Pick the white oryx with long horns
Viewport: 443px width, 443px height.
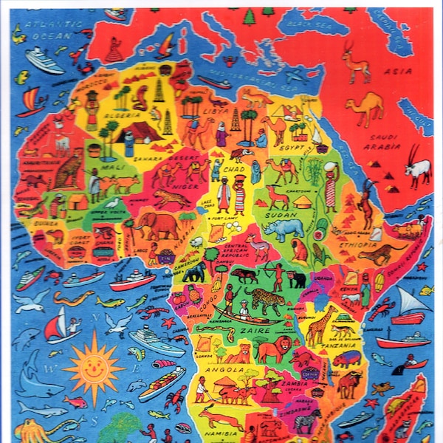[x=418, y=170]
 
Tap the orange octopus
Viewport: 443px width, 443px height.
[x=33, y=430]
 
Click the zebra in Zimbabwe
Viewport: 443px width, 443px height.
[x=304, y=422]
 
